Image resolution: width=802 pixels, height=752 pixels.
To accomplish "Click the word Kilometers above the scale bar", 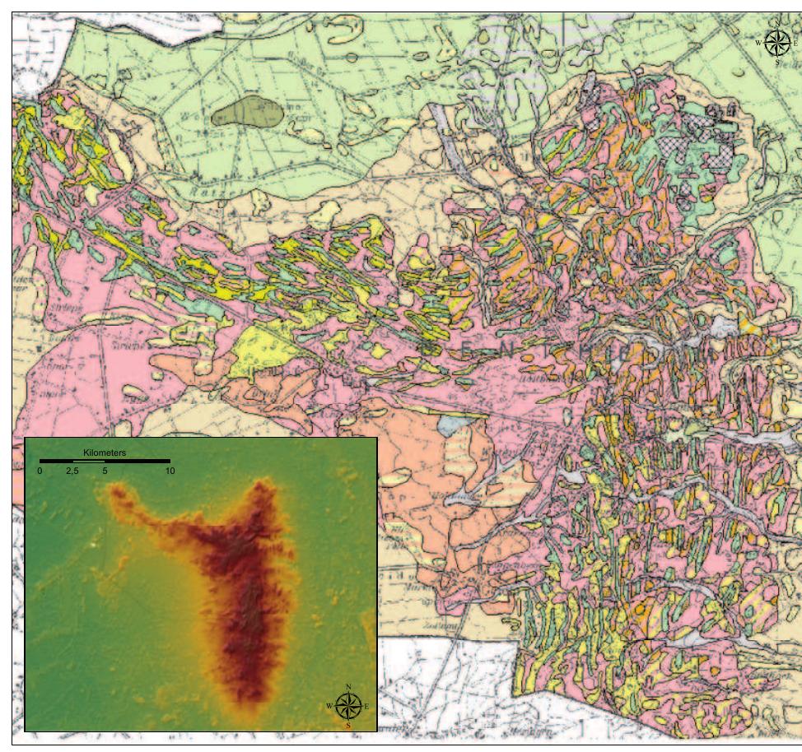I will [105, 453].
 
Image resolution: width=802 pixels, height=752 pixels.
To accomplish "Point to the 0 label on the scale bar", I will [40, 471].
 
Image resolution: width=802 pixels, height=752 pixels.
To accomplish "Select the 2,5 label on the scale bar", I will [72, 471].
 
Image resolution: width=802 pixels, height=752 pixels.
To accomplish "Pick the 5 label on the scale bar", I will [105, 471].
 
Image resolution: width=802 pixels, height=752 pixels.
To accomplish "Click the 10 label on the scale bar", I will [169, 471].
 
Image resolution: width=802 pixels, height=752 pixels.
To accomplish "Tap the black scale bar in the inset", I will [105, 462].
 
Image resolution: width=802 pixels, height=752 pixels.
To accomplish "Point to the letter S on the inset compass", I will [349, 726].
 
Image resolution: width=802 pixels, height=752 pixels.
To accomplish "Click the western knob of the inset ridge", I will [119, 496].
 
